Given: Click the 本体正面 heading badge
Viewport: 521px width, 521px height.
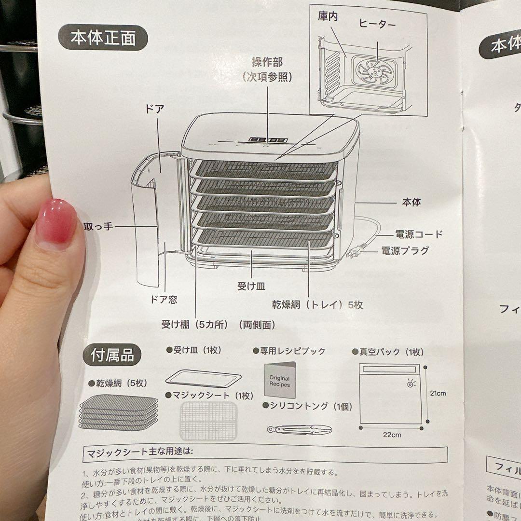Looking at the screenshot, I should pos(103,38).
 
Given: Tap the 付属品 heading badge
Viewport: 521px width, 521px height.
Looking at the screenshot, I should pos(113,356).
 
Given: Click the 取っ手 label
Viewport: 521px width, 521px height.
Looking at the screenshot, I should pos(98,226).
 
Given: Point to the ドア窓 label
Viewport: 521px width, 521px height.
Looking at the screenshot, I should pos(164,300).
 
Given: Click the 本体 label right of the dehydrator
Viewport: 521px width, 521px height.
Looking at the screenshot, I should pos(411,202).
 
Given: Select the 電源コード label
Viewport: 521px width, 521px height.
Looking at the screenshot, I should pos(419,234).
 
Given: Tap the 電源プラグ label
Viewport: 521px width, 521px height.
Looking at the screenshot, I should pos(405,250).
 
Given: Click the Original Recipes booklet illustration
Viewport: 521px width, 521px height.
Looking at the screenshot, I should pos(279,381).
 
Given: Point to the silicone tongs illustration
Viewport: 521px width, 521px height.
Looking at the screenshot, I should pos(300,428).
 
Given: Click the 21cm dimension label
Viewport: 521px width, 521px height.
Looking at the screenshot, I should pos(438,393).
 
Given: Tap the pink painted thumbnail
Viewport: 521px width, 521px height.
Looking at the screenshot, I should pos(56,221).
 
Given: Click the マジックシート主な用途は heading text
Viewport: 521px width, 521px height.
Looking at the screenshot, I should pos(140,452).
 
